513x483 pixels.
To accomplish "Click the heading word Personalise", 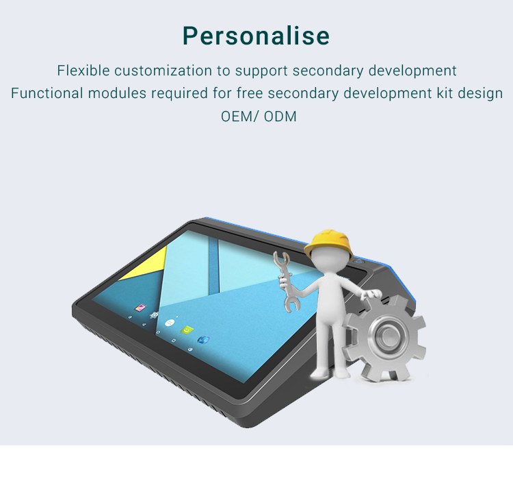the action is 256,36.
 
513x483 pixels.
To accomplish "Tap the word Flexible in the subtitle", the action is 83,71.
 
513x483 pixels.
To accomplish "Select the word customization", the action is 163,71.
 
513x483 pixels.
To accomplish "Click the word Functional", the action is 47,93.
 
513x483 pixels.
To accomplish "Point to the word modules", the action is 117,93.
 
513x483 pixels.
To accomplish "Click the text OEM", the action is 236,116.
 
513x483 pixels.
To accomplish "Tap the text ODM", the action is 280,116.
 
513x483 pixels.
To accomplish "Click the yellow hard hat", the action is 328,245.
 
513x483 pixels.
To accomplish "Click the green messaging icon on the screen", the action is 187,330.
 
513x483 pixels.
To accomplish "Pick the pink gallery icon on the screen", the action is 140,308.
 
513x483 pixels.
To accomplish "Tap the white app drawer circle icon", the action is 170,323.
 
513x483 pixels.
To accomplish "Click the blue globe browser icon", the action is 203,340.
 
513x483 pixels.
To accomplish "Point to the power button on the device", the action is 359,262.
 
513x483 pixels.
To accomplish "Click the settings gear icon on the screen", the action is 154,315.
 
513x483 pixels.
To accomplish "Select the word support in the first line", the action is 261,71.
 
